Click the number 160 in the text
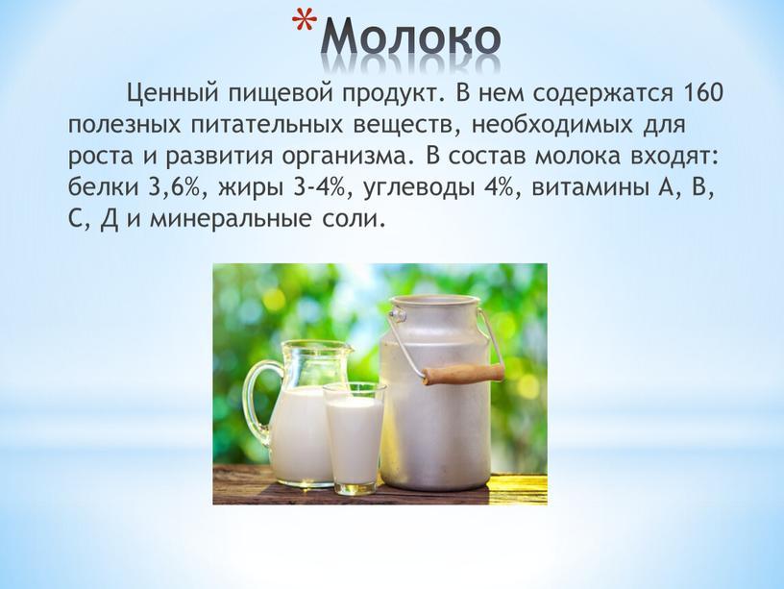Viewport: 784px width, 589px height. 701,93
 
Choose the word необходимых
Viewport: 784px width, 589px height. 551,125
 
